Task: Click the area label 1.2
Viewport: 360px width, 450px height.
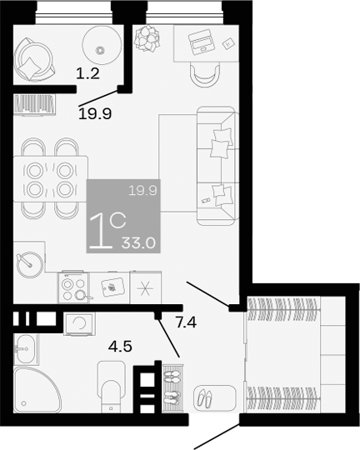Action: coord(87,73)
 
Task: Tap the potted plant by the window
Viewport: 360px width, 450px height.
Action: coord(148,37)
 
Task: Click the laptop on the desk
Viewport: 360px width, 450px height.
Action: coord(201,39)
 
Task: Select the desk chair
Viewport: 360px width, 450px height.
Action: coord(202,73)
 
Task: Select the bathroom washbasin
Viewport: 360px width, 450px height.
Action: coord(24,349)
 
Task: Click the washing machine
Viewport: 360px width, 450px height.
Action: coord(80,322)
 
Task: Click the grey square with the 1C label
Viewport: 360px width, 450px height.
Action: coord(122,216)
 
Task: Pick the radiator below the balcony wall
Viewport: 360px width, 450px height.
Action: coord(34,104)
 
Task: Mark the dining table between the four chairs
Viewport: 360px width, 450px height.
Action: coord(50,177)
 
